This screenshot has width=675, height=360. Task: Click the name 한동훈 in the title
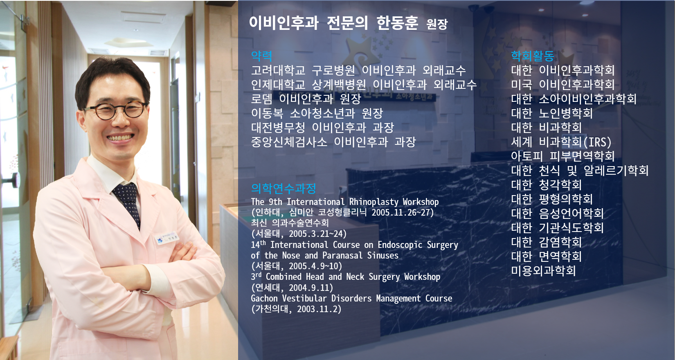coord(397,22)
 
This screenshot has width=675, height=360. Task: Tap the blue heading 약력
coord(261,56)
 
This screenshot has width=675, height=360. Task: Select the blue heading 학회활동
coord(533,56)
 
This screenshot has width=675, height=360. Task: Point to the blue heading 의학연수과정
coord(283,188)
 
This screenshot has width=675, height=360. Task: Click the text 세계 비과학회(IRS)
coord(561,142)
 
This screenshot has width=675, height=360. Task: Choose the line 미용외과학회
coord(543,270)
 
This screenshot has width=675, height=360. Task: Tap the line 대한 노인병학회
coord(552,113)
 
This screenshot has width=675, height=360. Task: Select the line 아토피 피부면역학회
coord(562,156)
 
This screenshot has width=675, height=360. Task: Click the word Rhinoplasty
coord(374,202)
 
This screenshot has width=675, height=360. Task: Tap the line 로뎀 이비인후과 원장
coord(306,99)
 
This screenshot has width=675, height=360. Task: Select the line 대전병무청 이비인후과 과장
coord(322,127)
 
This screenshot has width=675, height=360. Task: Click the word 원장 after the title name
coord(437,24)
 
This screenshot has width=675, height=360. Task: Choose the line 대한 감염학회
coord(546,242)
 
